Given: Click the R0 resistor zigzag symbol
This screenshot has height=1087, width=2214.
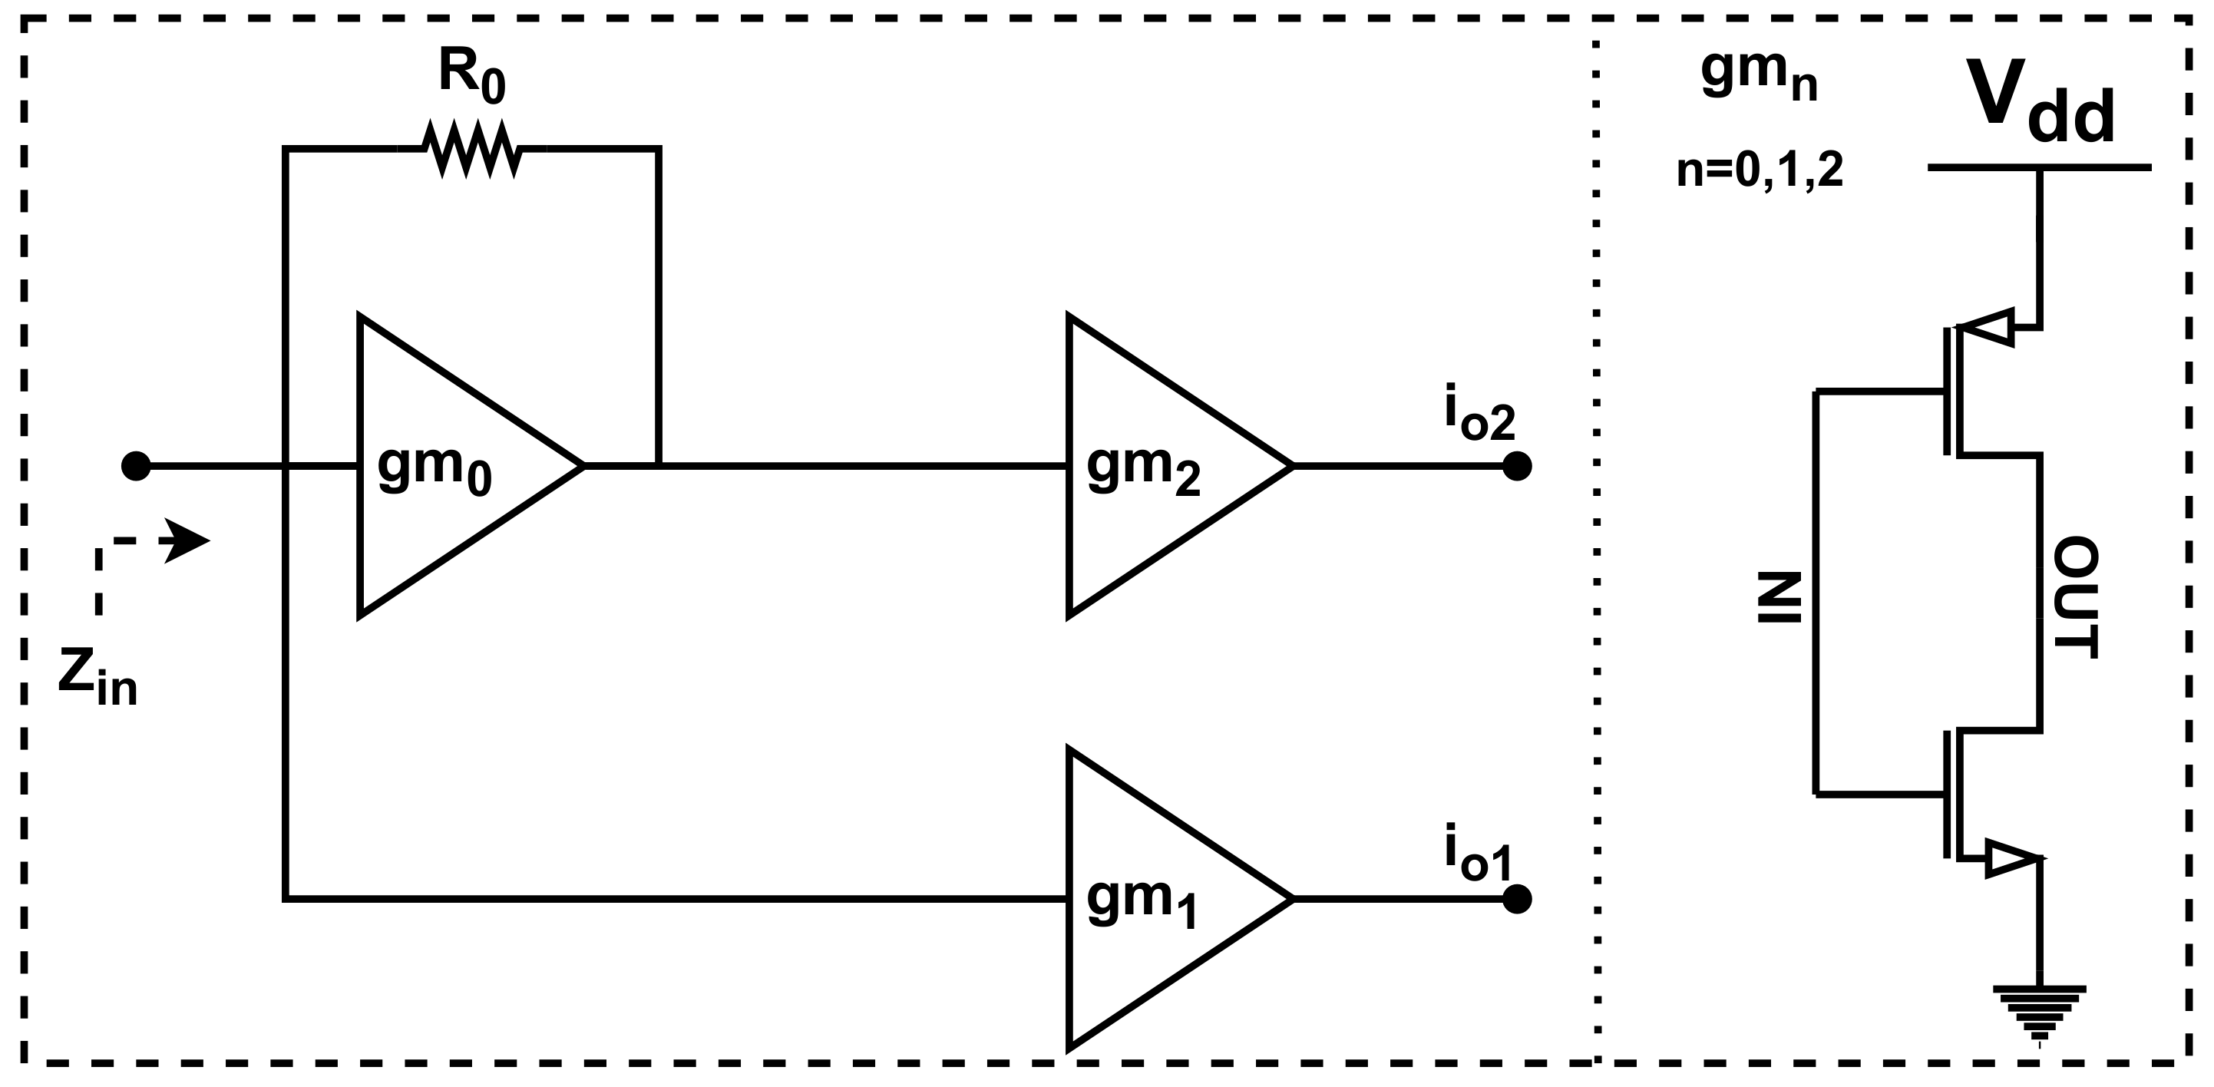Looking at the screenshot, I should point(472,150).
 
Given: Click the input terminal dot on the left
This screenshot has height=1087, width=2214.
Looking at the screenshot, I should point(136,466).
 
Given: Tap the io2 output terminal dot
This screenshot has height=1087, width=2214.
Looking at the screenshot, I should point(1517,466).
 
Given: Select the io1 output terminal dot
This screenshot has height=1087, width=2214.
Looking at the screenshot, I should point(1517,899).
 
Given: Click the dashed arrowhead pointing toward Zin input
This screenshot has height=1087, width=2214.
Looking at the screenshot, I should point(187,541).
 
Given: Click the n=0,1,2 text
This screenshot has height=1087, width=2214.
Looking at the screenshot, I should point(1760,171).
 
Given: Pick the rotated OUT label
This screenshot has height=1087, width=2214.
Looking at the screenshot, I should point(2077,597).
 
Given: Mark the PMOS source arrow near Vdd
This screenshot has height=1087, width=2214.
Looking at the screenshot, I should point(1987,326).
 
